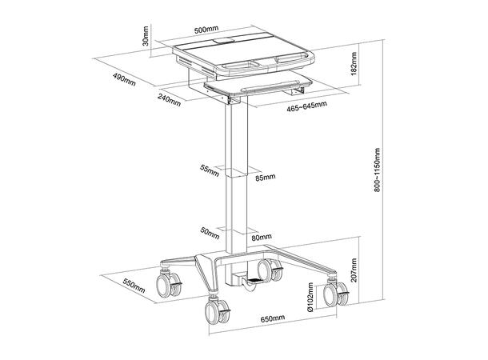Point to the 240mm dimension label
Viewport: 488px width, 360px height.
click(x=168, y=98)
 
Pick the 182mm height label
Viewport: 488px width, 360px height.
click(x=353, y=66)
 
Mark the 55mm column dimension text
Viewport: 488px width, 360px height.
click(x=210, y=170)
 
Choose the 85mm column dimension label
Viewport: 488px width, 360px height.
click(x=265, y=177)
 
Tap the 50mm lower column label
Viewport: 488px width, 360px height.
click(x=210, y=231)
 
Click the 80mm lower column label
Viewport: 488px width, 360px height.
click(x=261, y=237)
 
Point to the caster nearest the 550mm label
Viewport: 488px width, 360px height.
click(x=170, y=283)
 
